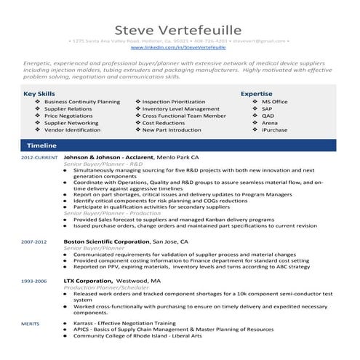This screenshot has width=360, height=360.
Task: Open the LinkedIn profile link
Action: coord(180,47)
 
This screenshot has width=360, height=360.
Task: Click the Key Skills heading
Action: coord(39,94)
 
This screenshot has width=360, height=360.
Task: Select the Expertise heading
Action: coord(256,94)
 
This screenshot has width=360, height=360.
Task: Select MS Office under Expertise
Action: coord(275,102)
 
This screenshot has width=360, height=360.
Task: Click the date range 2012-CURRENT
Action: coord(39,158)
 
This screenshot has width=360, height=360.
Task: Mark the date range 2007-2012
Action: coord(34,241)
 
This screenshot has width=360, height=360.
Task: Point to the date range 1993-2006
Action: coord(34,280)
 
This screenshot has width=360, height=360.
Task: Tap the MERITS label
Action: coord(30,321)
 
